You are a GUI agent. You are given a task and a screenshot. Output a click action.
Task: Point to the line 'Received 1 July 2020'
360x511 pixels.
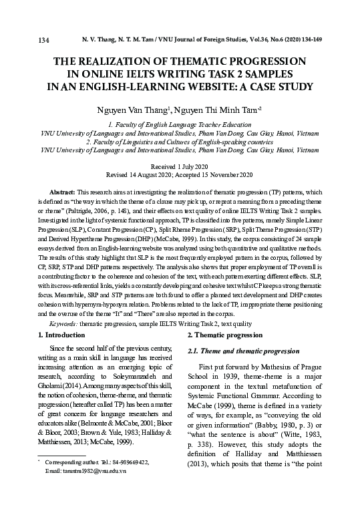(x=180, y=166)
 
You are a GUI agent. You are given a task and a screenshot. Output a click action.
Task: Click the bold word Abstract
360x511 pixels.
(x=64, y=191)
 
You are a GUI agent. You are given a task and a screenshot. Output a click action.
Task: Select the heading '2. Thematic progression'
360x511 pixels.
(x=225, y=334)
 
